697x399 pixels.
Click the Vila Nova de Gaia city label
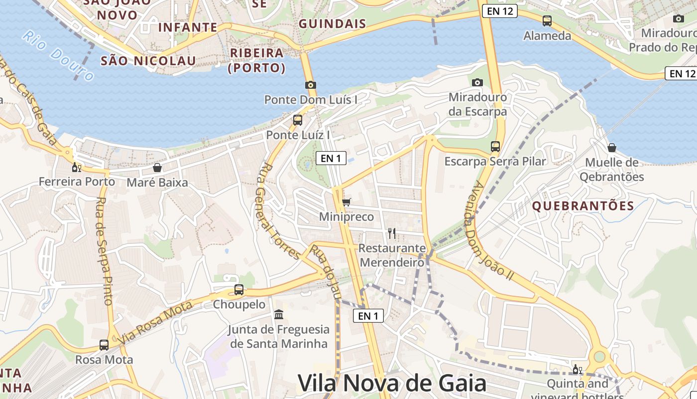392,383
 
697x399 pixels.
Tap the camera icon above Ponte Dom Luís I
311,85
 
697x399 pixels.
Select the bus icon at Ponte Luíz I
298,120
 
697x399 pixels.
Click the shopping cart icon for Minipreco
346,202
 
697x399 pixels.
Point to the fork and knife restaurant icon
392,233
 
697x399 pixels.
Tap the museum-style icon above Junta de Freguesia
279,315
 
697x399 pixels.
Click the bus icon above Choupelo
239,289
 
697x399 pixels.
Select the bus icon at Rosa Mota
104,345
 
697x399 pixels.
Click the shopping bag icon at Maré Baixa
157,168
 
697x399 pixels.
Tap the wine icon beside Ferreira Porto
76,167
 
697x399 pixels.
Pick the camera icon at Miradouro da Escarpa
477,82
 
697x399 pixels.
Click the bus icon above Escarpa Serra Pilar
495,147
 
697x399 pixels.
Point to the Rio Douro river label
58,56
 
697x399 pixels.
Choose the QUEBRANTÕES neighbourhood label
583,206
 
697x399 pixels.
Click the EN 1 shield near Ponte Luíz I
331,159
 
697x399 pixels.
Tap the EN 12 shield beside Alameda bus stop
499,11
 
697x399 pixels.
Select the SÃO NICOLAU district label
148,61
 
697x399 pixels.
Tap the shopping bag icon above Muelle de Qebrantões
611,148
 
